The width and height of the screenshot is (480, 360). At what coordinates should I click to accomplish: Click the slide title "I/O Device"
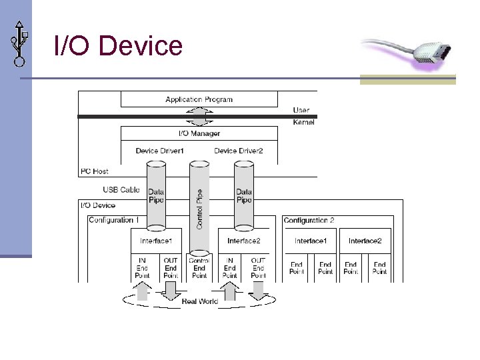point(118,46)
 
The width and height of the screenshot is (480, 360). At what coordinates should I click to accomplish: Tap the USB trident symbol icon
point(19,41)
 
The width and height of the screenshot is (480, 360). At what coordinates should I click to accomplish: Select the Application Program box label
point(199,99)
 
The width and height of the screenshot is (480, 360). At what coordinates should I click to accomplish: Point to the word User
point(301,110)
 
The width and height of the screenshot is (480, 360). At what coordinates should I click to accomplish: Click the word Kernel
point(303,123)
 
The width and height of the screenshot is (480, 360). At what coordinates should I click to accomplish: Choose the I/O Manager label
point(199,133)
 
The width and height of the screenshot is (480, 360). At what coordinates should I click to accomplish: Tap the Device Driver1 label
point(159,151)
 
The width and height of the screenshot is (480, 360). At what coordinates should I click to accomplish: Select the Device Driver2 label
point(238,151)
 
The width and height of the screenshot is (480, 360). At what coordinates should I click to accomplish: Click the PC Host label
point(95,171)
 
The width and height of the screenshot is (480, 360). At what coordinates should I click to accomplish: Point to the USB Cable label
point(121,190)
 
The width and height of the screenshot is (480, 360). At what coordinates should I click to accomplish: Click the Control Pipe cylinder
point(199,207)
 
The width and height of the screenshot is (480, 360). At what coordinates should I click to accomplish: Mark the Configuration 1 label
point(113,220)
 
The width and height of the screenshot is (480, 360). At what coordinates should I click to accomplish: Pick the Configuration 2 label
point(309,220)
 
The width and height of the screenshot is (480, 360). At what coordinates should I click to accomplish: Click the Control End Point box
point(199,268)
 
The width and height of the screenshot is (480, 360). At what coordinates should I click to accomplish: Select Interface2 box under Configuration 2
point(365,241)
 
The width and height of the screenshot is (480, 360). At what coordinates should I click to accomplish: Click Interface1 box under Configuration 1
point(156,241)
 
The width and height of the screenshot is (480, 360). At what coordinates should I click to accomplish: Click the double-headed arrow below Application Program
point(199,117)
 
